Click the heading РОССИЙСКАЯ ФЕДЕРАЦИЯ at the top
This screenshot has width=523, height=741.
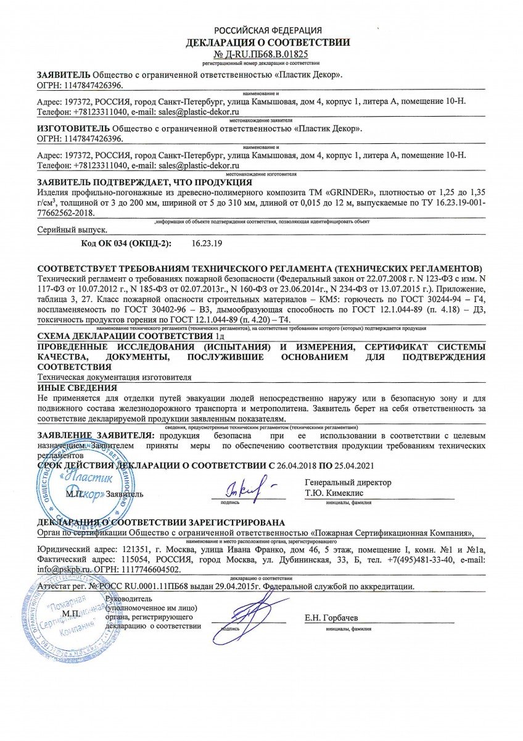coord(268,30)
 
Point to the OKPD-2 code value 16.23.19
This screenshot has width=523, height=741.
coord(208,243)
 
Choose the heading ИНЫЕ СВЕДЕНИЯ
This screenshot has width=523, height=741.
coord(77,388)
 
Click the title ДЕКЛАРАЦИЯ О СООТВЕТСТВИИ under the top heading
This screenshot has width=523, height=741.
coord(268,43)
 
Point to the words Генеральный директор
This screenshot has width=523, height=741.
coord(348,482)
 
